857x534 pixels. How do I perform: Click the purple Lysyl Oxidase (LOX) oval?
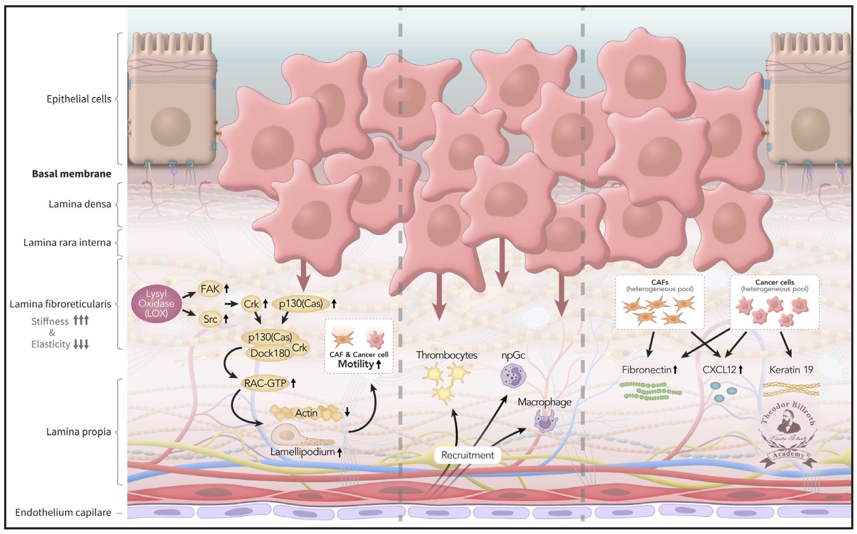click(156, 304)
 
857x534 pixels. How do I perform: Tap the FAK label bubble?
click(210, 289)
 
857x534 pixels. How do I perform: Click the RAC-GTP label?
click(265, 383)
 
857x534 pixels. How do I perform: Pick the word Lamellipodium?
click(302, 452)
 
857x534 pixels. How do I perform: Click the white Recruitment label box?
click(467, 455)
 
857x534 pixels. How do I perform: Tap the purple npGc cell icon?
click(513, 376)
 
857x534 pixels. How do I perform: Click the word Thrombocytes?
click(447, 355)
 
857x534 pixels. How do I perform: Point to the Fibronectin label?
click(646, 370)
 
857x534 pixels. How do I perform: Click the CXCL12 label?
click(719, 370)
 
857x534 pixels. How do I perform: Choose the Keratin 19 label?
click(791, 370)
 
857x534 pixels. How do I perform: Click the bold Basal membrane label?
click(71, 174)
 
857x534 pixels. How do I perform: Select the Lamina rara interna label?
click(67, 243)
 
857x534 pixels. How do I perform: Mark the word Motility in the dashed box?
click(356, 364)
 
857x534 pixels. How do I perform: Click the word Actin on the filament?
click(306, 413)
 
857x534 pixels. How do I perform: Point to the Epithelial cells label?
click(79, 99)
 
